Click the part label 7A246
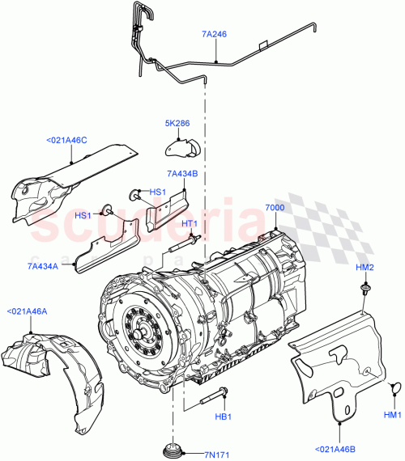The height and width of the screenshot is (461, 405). pyautogui.click(x=215, y=36)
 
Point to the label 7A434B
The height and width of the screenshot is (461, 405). pyautogui.click(x=182, y=173)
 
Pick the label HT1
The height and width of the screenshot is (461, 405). pyautogui.click(x=190, y=224)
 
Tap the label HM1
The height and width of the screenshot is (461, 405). pyautogui.click(x=392, y=416)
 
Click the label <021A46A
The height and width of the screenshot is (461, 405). pyautogui.click(x=28, y=311)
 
